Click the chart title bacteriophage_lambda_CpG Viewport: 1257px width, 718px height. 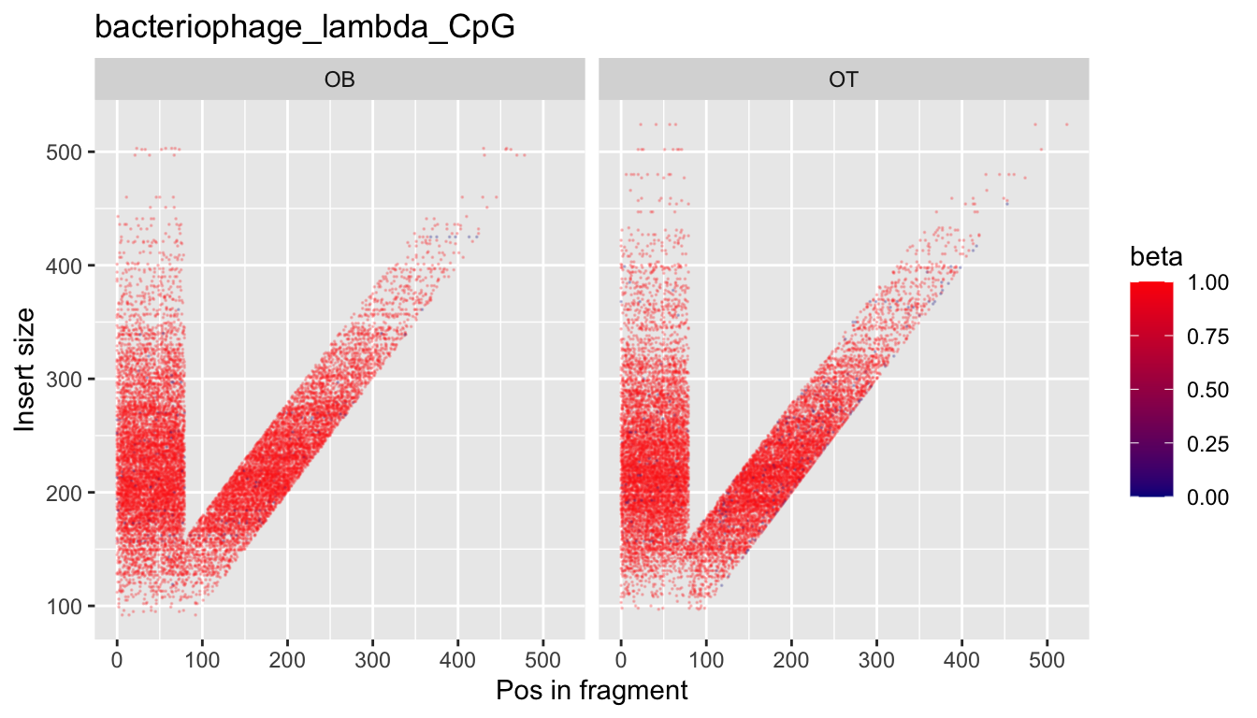305,28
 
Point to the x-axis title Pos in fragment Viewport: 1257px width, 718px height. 591,691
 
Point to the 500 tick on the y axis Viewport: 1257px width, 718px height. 64,152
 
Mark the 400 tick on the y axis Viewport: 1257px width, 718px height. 64,266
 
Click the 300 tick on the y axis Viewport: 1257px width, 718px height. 64,380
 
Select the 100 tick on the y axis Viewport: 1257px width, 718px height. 64,607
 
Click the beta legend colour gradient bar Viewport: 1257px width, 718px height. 1151,389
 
